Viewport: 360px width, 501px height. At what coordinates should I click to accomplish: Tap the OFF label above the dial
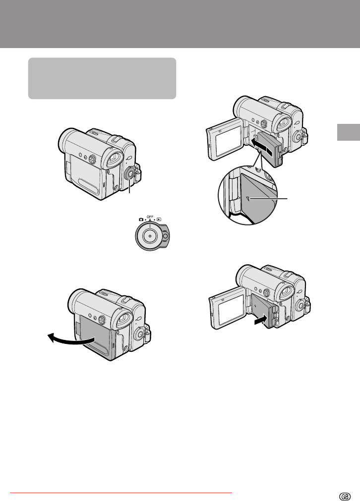(x=150, y=217)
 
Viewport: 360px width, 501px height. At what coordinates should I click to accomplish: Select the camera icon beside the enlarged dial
(x=141, y=220)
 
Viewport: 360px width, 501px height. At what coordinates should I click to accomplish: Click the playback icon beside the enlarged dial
(x=159, y=220)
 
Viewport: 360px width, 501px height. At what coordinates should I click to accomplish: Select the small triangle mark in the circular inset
(x=247, y=199)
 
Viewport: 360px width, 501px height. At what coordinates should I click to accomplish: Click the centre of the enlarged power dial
(x=150, y=236)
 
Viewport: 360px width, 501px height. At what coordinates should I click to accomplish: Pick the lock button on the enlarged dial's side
(x=165, y=236)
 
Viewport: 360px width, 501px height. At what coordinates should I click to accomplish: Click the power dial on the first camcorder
(x=130, y=173)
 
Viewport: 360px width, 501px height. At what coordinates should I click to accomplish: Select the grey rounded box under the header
(x=102, y=78)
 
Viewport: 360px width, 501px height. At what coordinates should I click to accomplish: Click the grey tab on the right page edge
(x=349, y=132)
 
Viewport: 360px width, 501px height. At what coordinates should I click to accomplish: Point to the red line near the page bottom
(x=121, y=493)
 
